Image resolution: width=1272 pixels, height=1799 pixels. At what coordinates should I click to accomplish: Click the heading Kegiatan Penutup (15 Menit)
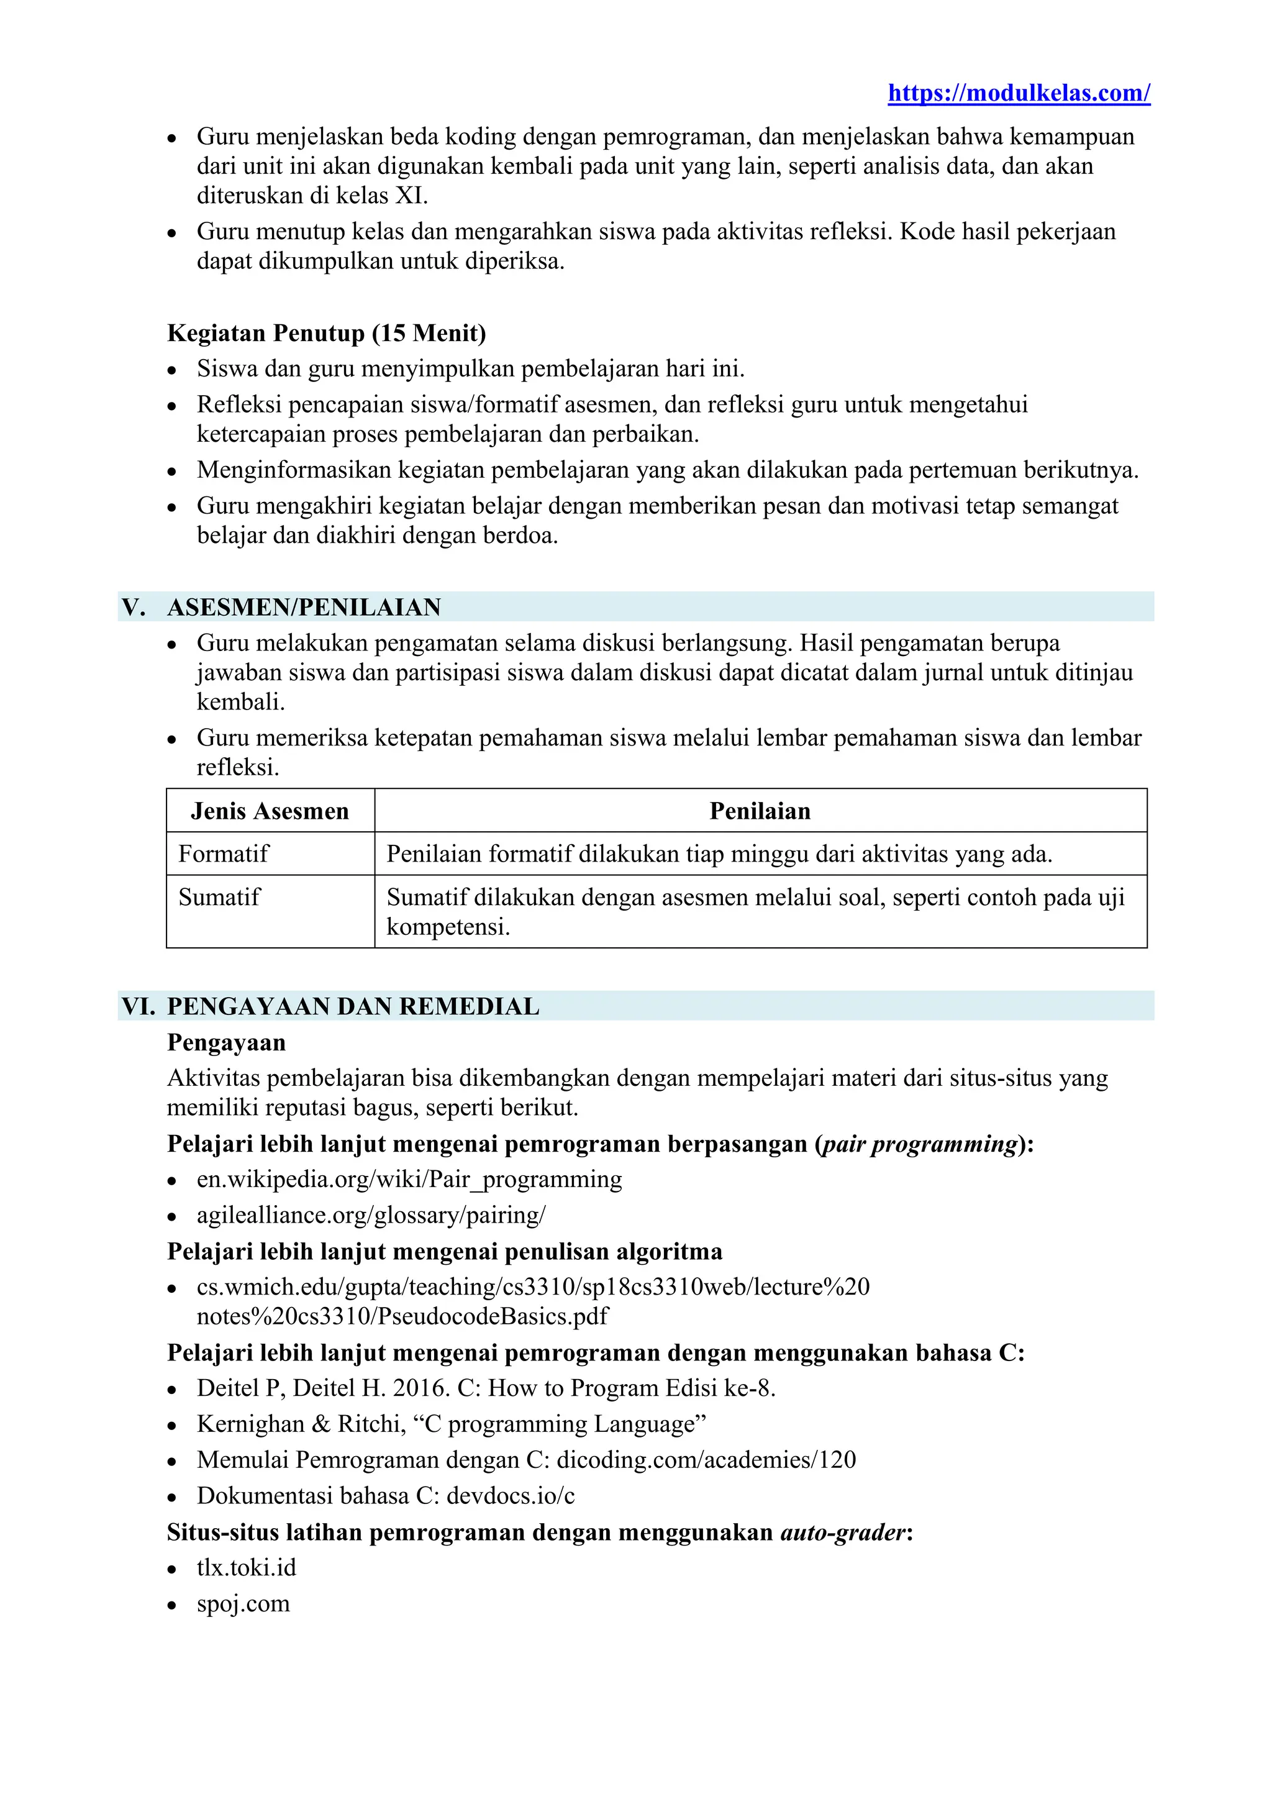click(x=327, y=333)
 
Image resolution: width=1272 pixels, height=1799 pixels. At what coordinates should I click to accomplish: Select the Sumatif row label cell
click(x=219, y=896)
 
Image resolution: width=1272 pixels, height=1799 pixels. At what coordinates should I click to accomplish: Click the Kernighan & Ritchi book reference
click(x=451, y=1424)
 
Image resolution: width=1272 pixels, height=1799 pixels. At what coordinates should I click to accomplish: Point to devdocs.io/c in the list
click(x=510, y=1496)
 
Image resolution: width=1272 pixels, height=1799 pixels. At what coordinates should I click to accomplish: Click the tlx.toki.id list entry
click(x=246, y=1568)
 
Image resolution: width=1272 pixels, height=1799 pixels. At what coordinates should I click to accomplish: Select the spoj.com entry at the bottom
click(x=243, y=1604)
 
